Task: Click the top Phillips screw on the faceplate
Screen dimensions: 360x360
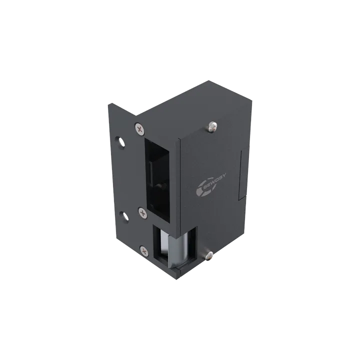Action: pos(139,128)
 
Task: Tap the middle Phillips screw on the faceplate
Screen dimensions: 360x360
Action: pos(143,213)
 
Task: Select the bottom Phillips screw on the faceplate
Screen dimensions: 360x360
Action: pos(144,251)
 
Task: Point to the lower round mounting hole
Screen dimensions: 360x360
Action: pos(125,216)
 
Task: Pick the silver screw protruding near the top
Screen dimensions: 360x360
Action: pos(213,126)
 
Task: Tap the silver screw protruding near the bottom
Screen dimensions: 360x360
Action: pos(208,255)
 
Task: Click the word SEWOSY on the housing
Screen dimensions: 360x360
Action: pos(214,181)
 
